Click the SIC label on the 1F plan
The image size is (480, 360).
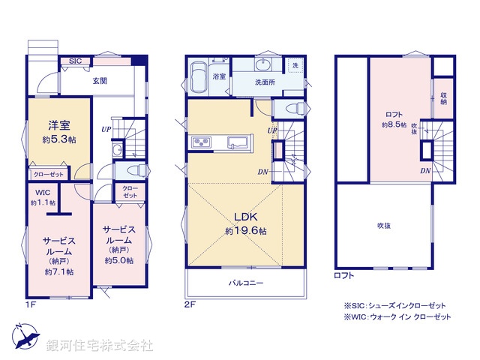(76, 61)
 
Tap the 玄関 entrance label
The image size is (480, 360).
(99, 79)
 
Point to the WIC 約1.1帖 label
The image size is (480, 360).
(43, 198)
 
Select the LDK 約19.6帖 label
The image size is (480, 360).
(244, 224)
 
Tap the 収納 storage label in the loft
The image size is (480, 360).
(444, 98)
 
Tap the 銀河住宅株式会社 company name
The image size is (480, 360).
(100, 346)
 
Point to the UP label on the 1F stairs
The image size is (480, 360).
(108, 128)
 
